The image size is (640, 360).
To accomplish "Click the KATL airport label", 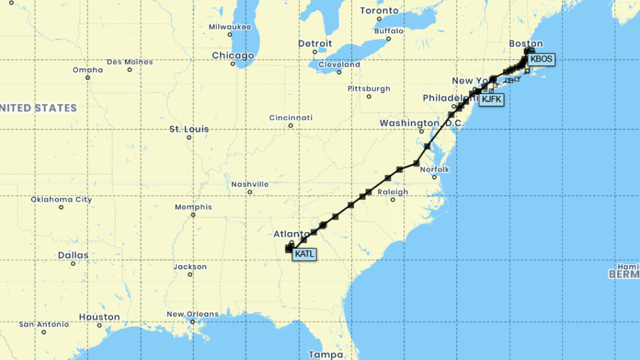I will pyautogui.click(x=304, y=254).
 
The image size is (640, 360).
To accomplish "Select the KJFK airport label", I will pyautogui.click(x=492, y=99).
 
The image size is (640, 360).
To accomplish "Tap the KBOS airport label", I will pyautogui.click(x=541, y=59).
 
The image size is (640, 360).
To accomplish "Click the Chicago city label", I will pyautogui.click(x=232, y=56).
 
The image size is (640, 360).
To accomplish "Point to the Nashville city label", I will pyautogui.click(x=249, y=184).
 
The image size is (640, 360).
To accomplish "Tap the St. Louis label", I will pyautogui.click(x=189, y=129).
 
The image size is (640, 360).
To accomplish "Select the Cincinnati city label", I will pyautogui.click(x=291, y=118).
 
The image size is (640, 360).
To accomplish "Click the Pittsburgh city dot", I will pyautogui.click(x=369, y=97).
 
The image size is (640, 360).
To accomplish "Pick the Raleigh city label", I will pyautogui.click(x=392, y=192).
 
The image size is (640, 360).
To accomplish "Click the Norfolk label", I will pyautogui.click(x=434, y=170).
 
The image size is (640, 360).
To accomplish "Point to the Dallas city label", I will pyautogui.click(x=72, y=255).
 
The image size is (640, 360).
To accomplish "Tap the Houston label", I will pyautogui.click(x=99, y=317).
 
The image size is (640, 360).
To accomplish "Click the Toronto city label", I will pyautogui.click(x=379, y=10).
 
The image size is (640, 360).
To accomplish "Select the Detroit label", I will pyautogui.click(x=315, y=44).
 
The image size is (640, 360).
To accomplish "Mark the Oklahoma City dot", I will pyautogui.click(x=61, y=208).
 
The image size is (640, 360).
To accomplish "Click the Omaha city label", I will pyautogui.click(x=88, y=70).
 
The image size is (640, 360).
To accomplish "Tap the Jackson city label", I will pyautogui.click(x=191, y=267).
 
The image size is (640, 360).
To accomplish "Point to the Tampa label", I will pyautogui.click(x=325, y=354).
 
